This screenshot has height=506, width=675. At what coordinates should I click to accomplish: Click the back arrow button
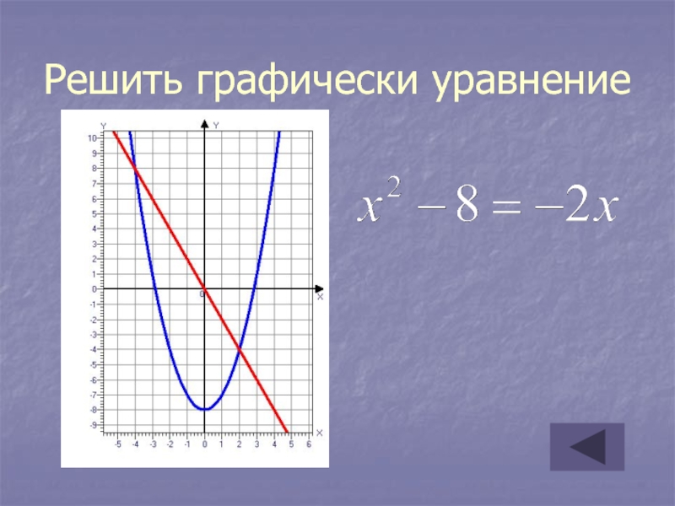pos(587,447)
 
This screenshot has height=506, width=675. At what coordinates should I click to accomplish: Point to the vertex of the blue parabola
pos(205,409)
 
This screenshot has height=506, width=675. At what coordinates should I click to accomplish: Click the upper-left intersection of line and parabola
pos(136,168)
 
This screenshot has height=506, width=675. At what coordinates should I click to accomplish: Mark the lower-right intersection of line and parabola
pos(240,349)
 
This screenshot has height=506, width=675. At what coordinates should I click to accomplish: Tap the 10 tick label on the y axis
pos(92,138)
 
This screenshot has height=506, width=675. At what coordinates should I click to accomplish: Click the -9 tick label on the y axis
pos(94,425)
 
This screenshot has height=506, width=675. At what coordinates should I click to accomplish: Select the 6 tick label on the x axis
pos(309,444)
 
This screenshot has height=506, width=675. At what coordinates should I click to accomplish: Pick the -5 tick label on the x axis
pos(117,444)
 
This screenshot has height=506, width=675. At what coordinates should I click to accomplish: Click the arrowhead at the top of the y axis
pos(205,124)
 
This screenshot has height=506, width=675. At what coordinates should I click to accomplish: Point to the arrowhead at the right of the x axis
pos(319,288)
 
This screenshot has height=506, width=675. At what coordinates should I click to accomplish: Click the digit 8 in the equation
pos(467,207)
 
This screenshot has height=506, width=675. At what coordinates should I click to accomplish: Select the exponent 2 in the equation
pos(394,188)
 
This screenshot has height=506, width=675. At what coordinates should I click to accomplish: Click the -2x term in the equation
pos(576,207)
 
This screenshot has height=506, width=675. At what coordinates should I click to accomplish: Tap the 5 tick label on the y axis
pos(94,214)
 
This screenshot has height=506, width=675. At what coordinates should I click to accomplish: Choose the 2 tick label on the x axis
pos(240,444)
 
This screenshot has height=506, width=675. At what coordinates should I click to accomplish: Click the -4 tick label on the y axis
pos(94,349)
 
